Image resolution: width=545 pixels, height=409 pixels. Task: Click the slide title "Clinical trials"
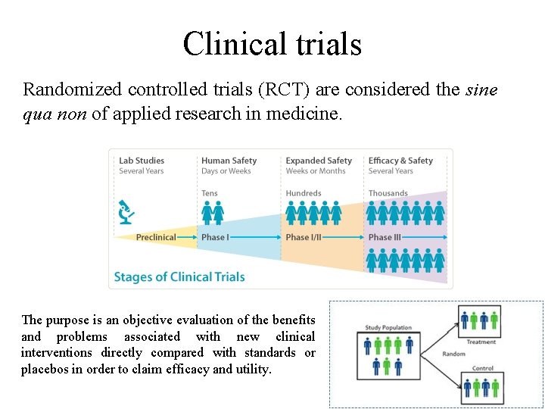click(x=272, y=44)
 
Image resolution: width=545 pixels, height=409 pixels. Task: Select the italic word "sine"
click(x=482, y=89)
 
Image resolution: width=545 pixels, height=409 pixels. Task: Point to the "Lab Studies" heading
click(x=142, y=161)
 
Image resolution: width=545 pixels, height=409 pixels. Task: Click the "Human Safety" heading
click(x=229, y=161)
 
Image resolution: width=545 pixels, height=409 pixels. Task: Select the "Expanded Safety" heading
click(x=319, y=161)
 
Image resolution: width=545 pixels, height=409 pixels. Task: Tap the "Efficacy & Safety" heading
click(x=400, y=161)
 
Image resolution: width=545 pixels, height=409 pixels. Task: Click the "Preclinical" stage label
click(x=155, y=237)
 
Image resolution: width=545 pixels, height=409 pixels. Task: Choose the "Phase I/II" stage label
click(x=304, y=237)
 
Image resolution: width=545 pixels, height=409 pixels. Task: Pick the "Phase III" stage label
click(x=385, y=237)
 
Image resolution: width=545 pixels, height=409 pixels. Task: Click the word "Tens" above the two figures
click(x=210, y=194)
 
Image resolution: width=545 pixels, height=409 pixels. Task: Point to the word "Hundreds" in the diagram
click(x=304, y=194)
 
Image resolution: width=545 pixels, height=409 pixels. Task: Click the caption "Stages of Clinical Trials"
click(x=179, y=276)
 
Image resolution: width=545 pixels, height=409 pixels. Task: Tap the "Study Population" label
click(x=388, y=328)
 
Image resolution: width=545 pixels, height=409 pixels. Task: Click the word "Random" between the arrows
click(x=454, y=354)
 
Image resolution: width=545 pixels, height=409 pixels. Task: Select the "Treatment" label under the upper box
click(x=481, y=342)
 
